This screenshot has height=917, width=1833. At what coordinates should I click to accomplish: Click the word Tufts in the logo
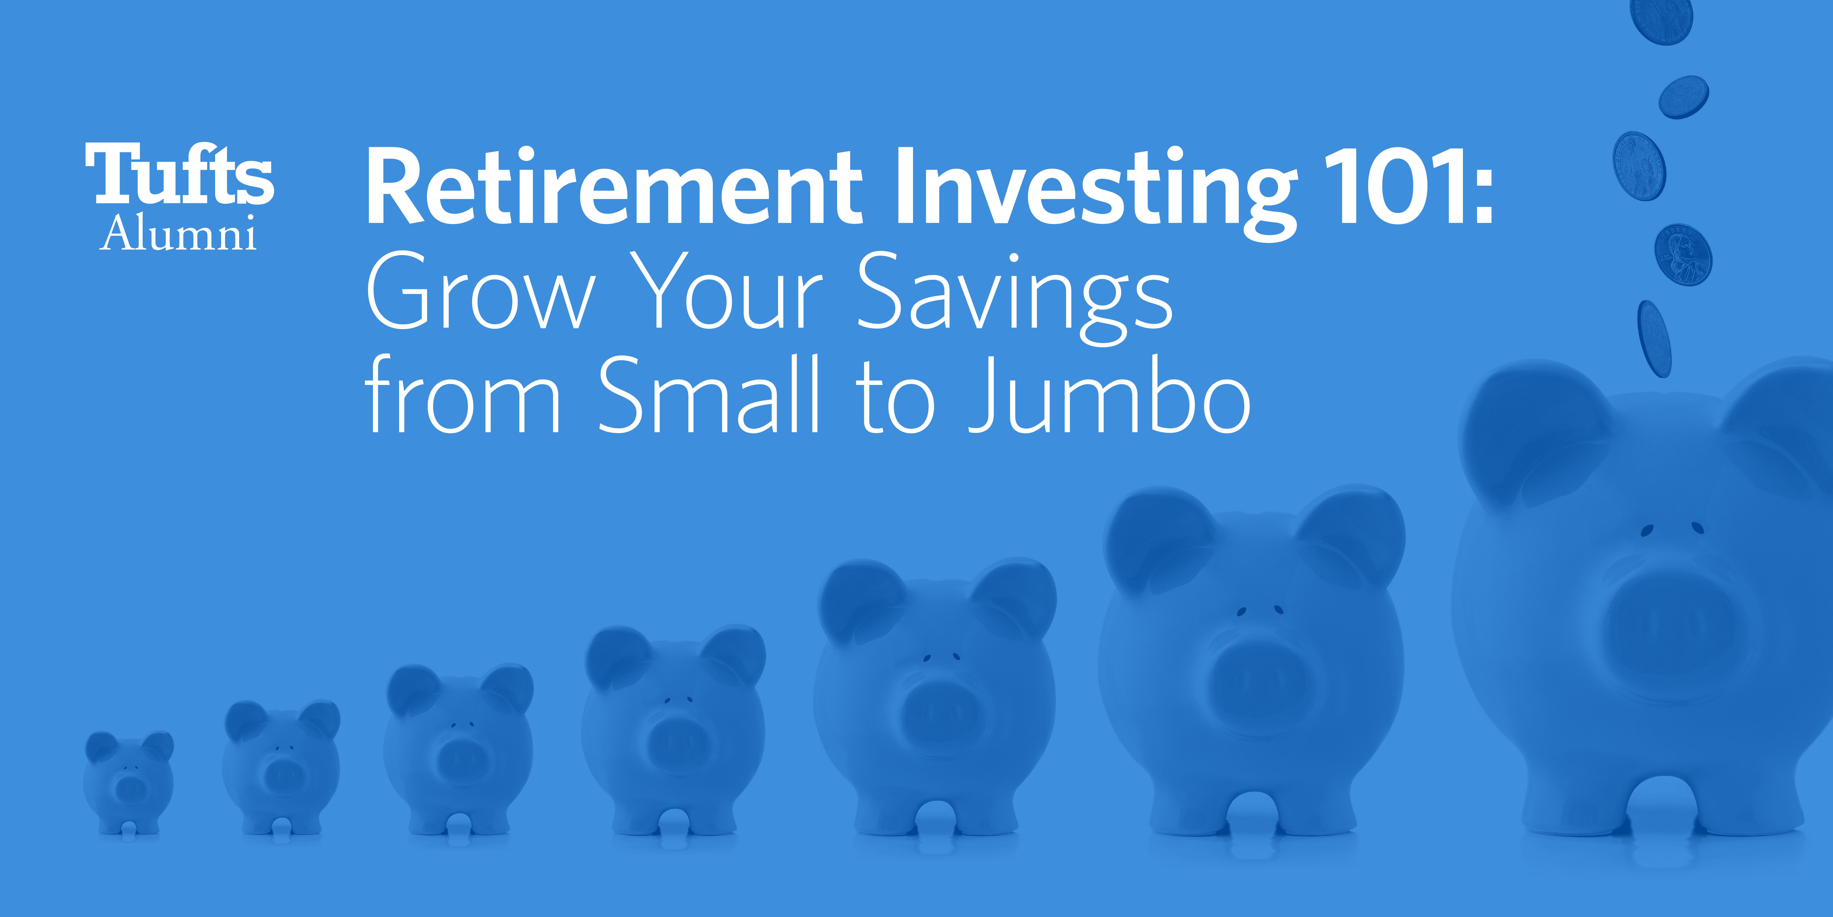(179, 174)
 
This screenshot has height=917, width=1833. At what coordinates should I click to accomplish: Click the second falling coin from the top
(1684, 97)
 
